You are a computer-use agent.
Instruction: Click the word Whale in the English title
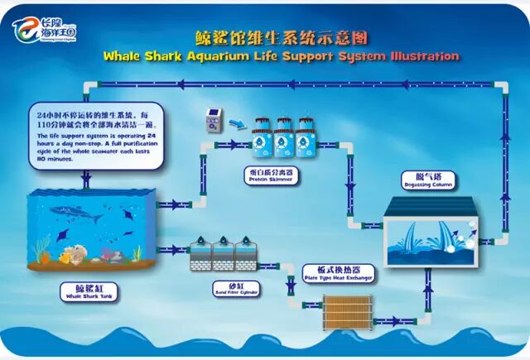pos(125,57)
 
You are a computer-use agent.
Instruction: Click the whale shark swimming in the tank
pos(76,214)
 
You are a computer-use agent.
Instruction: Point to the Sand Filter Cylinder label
pos(224,290)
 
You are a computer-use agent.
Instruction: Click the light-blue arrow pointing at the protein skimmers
pos(238,124)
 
